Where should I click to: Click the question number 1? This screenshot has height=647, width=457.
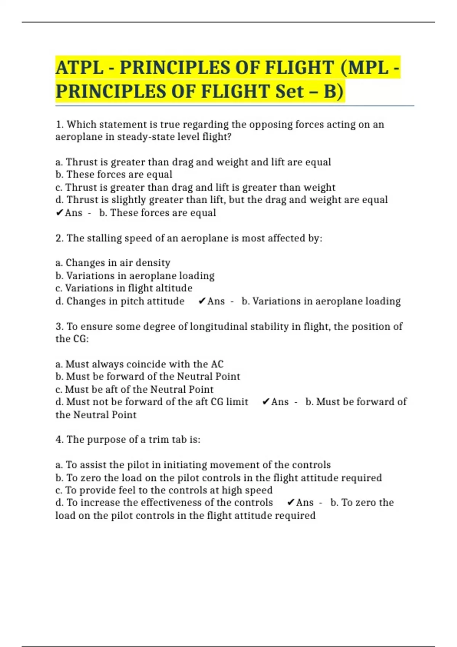[x=59, y=125]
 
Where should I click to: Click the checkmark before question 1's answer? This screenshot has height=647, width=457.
[x=59, y=213]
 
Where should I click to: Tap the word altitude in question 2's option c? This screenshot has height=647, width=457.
[x=174, y=288]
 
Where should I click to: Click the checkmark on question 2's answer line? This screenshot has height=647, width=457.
[x=202, y=301]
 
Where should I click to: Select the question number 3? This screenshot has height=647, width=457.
[x=59, y=327]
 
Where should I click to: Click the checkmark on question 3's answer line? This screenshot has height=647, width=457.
[x=266, y=402]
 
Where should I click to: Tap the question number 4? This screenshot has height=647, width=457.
[x=59, y=440]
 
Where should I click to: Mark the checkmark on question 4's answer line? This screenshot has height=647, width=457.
[x=291, y=503]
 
